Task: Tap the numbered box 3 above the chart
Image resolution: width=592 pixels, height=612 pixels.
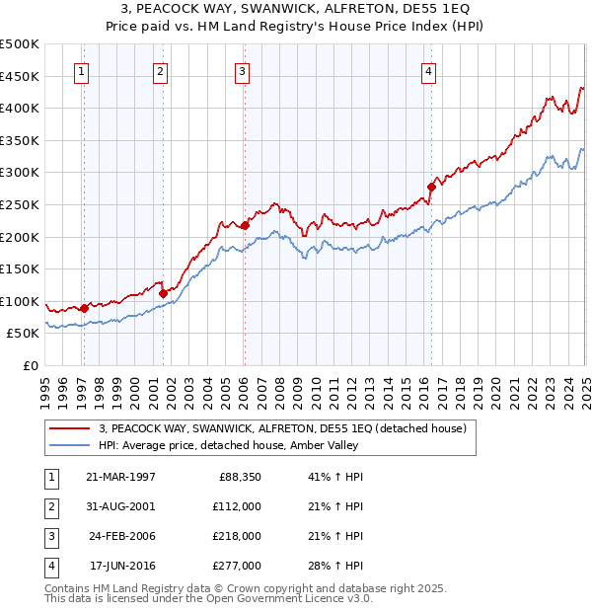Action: coord(242,70)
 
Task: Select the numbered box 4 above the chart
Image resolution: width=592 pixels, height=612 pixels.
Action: coord(429,70)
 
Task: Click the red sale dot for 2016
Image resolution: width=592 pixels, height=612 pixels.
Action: coord(431,187)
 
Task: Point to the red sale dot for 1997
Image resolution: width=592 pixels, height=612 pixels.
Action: coord(84,308)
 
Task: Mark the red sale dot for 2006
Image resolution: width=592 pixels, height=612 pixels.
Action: coord(245,225)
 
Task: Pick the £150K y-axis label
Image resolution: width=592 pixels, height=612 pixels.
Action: coord(20,268)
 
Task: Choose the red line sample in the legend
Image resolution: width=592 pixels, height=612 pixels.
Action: coord(69,428)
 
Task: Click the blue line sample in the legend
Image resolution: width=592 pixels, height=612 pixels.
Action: coord(69,445)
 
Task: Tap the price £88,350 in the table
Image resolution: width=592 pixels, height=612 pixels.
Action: coord(240,477)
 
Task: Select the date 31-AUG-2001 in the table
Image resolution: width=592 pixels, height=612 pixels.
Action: coord(120,506)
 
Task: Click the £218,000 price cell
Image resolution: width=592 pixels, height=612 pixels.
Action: coord(238,536)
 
